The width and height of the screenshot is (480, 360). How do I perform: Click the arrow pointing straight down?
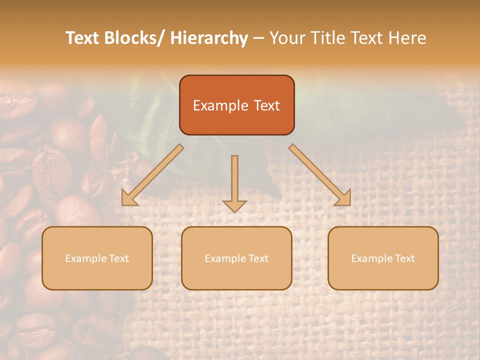234,182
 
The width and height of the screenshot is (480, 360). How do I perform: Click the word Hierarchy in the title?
209,38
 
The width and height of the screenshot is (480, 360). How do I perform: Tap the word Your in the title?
286,38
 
